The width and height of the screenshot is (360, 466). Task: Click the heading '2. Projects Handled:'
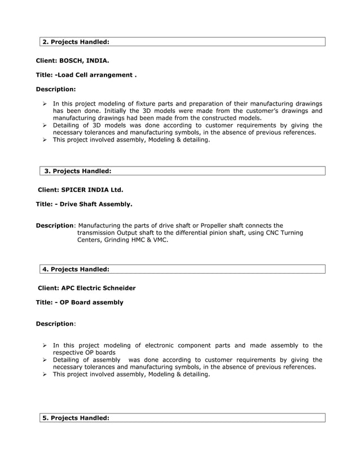[x=76, y=42]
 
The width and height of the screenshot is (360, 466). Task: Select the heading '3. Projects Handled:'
[x=78, y=170]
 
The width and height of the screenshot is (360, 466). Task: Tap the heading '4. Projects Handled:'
[x=76, y=269]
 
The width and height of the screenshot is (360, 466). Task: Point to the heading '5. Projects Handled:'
[x=76, y=417]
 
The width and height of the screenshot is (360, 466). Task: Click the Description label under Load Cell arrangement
[x=55, y=89]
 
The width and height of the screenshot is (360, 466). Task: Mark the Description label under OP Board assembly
[x=55, y=324]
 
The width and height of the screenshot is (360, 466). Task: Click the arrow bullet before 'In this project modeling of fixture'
[x=45, y=104]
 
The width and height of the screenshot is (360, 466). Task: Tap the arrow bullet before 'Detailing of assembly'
[x=45, y=359]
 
